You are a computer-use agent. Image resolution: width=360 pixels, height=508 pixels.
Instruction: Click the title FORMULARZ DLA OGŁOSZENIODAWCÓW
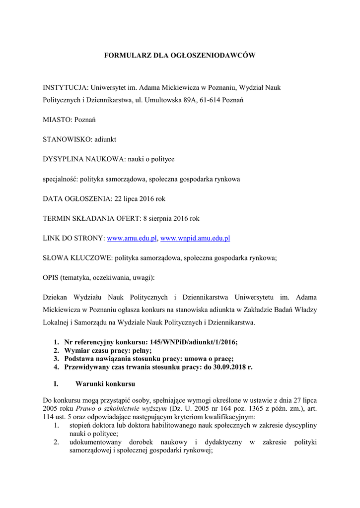[179, 56]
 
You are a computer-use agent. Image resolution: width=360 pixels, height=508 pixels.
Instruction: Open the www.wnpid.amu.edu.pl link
[195, 238]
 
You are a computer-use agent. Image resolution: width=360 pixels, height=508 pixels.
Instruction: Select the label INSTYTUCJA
[65, 87]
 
